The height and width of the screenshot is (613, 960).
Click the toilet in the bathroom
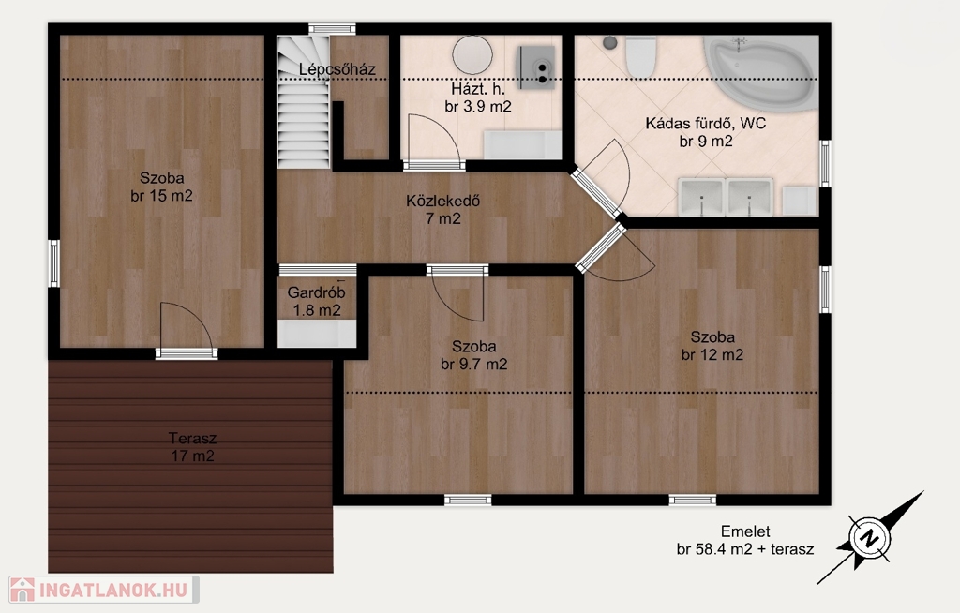[641, 55]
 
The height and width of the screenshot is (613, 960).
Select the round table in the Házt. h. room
[472, 54]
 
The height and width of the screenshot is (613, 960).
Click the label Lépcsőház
[337, 69]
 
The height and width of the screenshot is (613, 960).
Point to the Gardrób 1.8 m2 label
[317, 301]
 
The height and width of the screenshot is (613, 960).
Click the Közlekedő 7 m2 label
[443, 209]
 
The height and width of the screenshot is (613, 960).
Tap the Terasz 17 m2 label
[193, 447]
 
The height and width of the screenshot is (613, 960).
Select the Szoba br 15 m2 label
[161, 187]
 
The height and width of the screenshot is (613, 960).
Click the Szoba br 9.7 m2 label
[473, 355]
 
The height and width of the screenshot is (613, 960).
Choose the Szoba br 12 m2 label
[712, 345]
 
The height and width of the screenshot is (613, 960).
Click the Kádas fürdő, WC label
[706, 123]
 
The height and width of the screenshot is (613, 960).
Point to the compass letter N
[868, 538]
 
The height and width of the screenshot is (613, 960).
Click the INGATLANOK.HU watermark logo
[104, 590]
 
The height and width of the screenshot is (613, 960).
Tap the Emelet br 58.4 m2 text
[745, 540]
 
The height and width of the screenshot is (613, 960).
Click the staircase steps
[304, 101]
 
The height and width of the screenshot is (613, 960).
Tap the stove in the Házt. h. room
[536, 67]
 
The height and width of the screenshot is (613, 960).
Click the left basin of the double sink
[701, 197]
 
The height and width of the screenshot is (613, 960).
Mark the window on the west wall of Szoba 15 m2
[53, 263]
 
